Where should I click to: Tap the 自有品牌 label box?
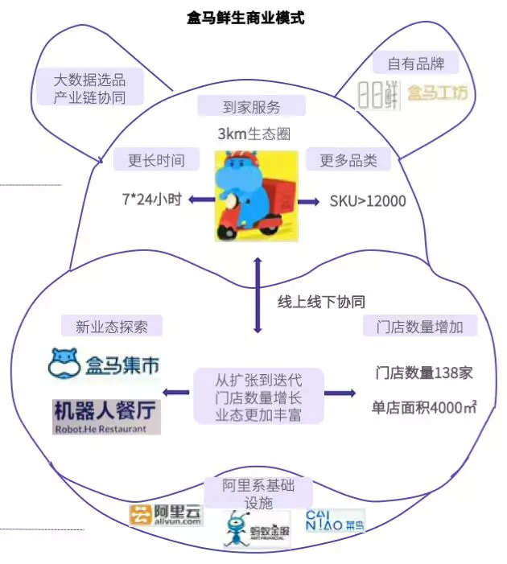(x=416, y=63)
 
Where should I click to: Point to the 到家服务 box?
(x=252, y=106)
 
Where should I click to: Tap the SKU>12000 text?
(x=368, y=200)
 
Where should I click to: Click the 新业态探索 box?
(x=112, y=326)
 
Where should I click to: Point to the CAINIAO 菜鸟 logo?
(x=335, y=520)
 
